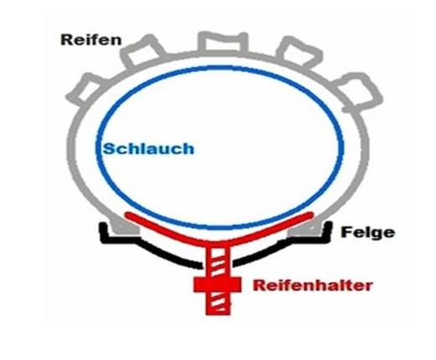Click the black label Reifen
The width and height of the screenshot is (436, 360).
click(x=91, y=40)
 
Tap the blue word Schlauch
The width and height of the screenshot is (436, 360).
click(x=149, y=148)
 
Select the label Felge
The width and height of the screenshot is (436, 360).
click(x=368, y=232)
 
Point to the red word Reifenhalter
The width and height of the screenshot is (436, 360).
click(x=313, y=285)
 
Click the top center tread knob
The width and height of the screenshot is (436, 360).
click(x=223, y=42)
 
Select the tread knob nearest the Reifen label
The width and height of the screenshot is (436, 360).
click(x=140, y=52)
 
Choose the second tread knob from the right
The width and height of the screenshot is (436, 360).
click(x=300, y=53)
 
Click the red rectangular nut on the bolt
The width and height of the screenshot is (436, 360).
click(x=218, y=285)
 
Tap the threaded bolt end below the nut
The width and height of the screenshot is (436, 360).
click(x=218, y=304)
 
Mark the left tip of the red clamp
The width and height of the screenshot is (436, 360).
click(x=127, y=215)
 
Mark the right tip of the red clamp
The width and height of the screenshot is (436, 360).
click(x=310, y=214)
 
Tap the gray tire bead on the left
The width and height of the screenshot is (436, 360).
click(x=124, y=224)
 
